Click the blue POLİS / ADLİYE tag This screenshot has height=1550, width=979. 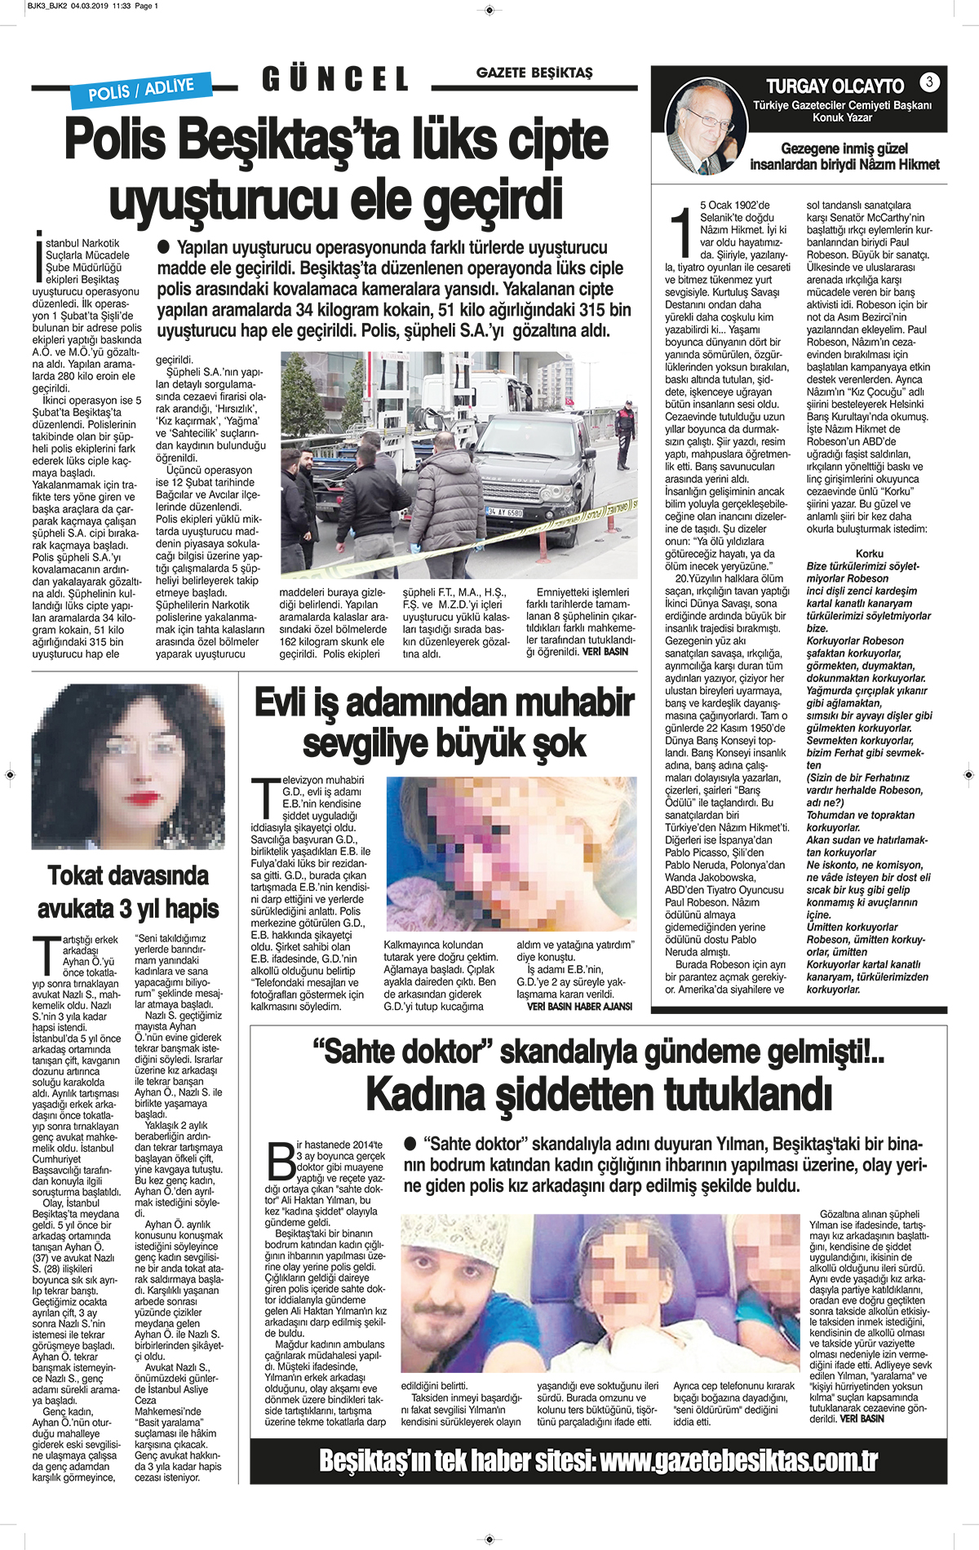[x=141, y=89]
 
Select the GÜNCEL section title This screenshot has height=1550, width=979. [x=335, y=79]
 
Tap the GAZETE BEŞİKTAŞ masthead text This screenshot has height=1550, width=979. [x=534, y=73]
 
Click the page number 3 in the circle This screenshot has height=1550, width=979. [x=928, y=82]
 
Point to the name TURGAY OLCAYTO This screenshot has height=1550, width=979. [x=835, y=86]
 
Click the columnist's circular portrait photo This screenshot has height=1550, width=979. [x=706, y=127]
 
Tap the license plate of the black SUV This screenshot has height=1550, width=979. [x=505, y=512]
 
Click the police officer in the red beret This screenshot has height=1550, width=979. [x=625, y=433]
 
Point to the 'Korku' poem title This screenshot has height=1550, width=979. [x=869, y=553]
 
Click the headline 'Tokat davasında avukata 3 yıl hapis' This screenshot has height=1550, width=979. [x=128, y=892]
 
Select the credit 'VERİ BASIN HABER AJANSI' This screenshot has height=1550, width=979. [x=579, y=1006]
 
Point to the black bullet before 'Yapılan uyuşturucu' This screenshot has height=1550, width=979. [x=163, y=246]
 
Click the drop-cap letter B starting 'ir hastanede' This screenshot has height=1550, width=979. [x=281, y=1161]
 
